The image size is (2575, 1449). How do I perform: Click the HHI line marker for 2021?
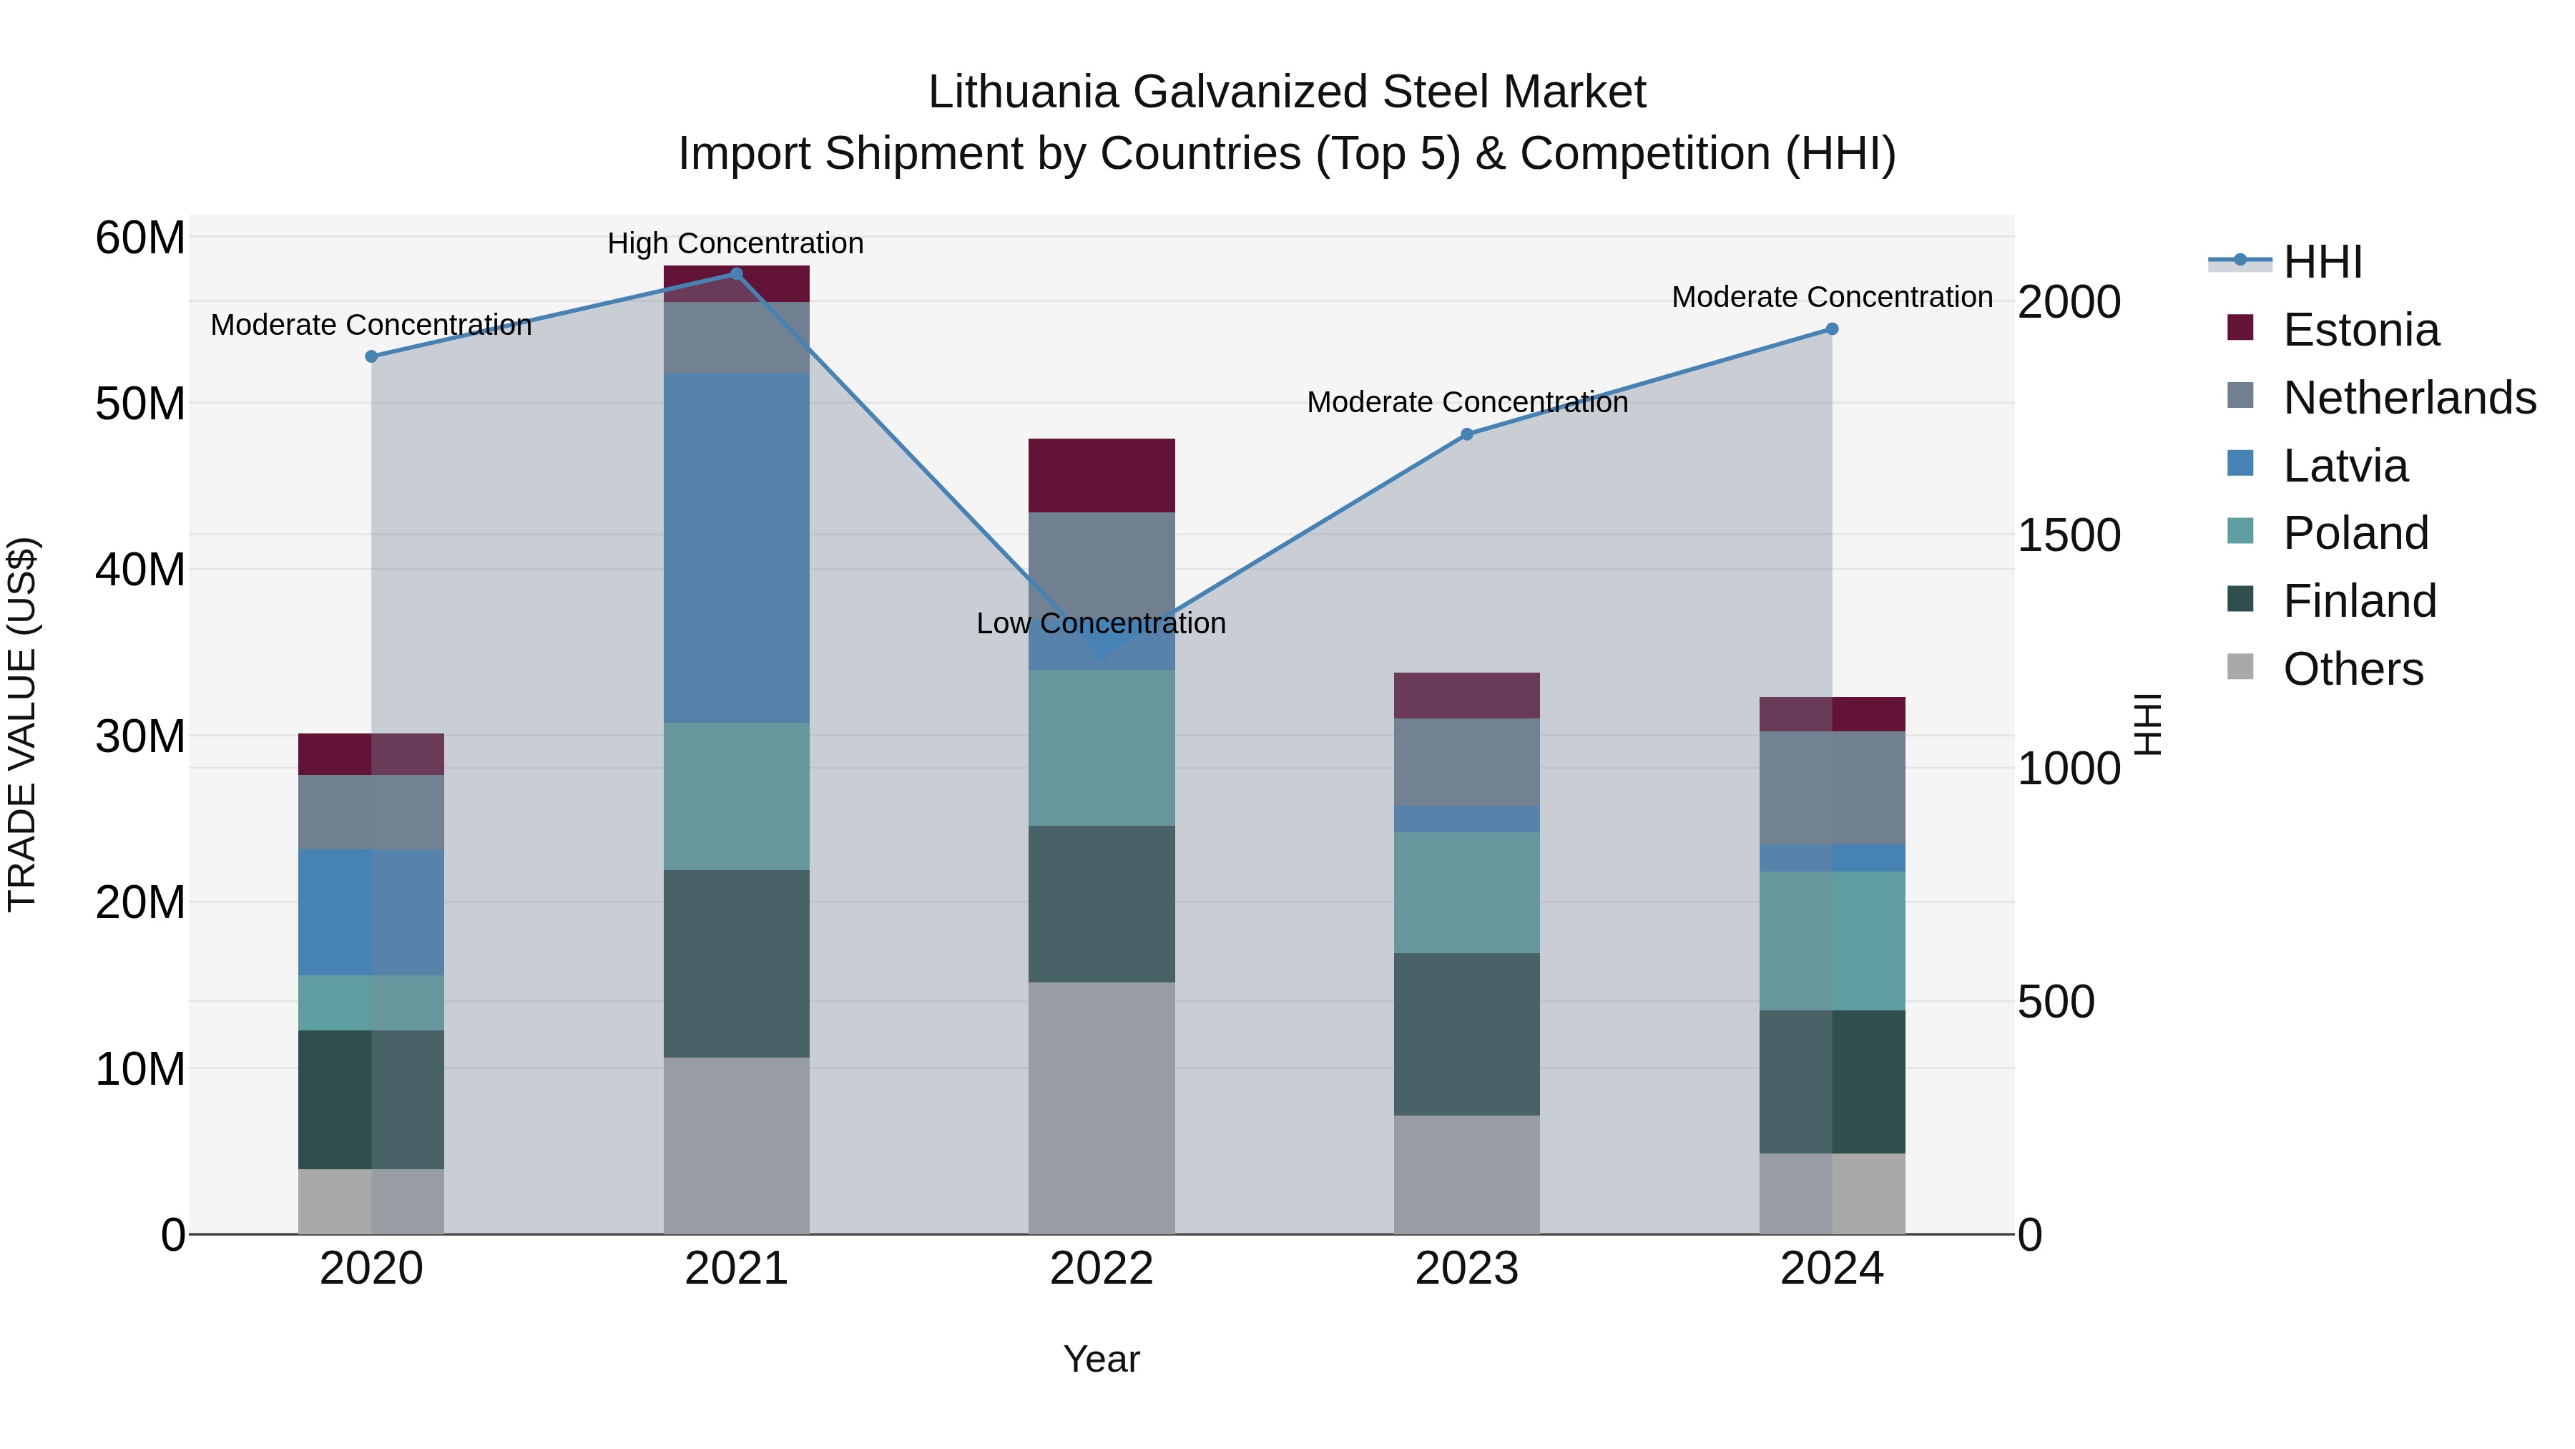736,274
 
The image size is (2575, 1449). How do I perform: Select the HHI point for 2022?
1102,654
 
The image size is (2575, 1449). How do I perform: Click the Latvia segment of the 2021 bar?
736,548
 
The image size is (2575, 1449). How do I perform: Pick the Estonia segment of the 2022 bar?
1102,475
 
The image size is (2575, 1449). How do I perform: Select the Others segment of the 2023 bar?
1466,1174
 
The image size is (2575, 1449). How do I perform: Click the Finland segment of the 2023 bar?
1466,1034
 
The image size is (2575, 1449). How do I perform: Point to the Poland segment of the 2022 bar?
1102,747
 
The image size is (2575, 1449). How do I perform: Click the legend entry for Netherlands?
2409,398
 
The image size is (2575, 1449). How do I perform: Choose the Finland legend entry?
2359,601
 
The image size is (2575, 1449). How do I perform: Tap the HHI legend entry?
2322,262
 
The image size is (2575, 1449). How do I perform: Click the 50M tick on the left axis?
140,404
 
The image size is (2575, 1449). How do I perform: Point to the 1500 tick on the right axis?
2068,535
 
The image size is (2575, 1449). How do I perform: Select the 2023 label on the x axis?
1466,1269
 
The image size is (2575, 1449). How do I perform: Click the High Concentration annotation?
736,243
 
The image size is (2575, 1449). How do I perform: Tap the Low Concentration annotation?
1102,623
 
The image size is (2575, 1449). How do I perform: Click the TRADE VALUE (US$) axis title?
22,724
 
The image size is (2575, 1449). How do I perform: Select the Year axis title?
1102,1359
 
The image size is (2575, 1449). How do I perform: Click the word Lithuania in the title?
1023,92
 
